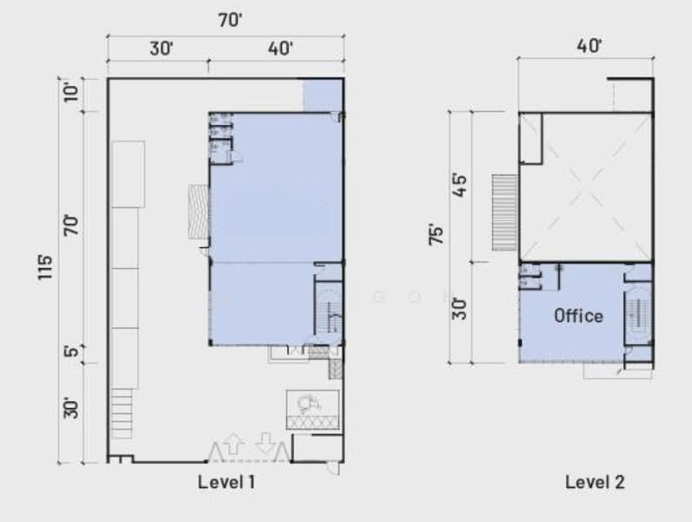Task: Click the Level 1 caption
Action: coord(226,482)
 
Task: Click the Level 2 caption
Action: coord(595,482)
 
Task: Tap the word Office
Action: coord(579,316)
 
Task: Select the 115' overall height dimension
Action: coord(44,267)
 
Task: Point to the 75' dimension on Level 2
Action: coord(436,235)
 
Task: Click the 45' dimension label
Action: coord(459,185)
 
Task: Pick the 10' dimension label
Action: coord(71,92)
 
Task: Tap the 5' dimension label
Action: coord(71,351)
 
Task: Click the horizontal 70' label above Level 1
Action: coord(230,20)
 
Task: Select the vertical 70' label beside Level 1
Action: coord(71,225)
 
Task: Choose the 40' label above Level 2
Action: coord(589,46)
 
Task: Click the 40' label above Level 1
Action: coord(280,49)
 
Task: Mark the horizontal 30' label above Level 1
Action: coord(161,49)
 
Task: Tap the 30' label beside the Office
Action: coord(459,309)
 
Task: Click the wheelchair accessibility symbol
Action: coord(309,403)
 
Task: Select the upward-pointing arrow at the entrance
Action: coord(233,444)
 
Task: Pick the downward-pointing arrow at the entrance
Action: coord(265,443)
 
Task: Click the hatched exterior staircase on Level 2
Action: coord(504,213)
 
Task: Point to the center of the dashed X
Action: coord(585,188)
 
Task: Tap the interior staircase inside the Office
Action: coord(638,314)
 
